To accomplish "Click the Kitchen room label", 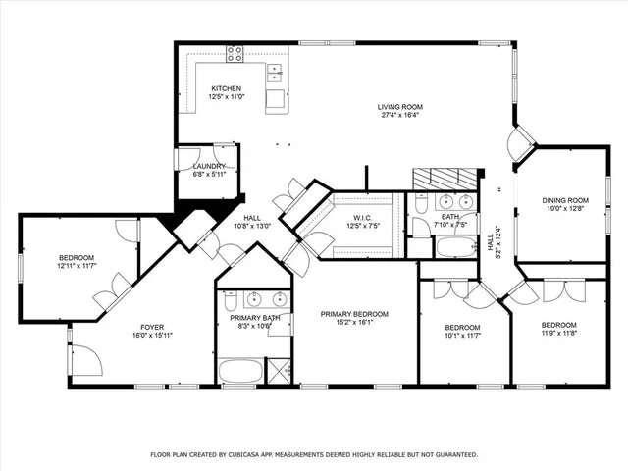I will coord(226,89).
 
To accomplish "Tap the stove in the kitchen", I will coord(235,54).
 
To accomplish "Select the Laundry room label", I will coord(208,166).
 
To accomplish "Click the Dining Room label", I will coord(564,199).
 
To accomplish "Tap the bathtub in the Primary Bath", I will coord(240,370).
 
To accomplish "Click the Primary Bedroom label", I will coord(354,314).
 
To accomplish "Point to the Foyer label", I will coord(151,327).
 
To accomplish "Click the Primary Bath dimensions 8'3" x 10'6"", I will coord(256,328).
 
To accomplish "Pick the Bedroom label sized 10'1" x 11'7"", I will coord(462,327).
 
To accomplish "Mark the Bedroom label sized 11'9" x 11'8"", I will coord(558,325).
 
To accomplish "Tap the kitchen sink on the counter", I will coord(275,71).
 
